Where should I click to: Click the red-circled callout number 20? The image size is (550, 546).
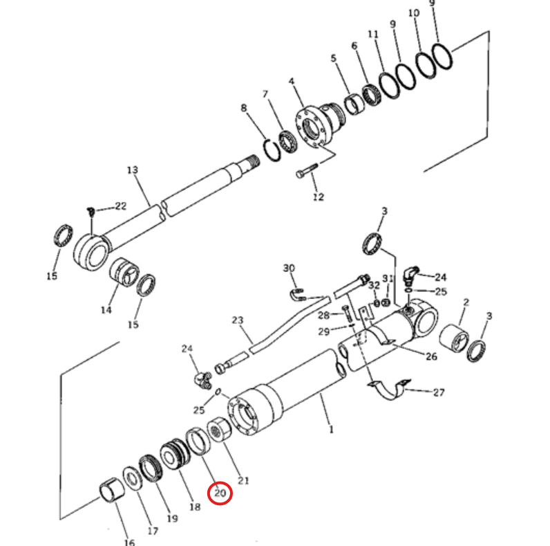point(220,493)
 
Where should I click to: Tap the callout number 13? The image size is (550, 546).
point(132,170)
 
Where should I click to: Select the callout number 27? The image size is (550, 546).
point(439,392)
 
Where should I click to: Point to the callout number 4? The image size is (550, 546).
point(292,81)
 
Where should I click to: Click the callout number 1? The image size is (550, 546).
point(331,429)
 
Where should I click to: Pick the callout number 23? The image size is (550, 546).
point(238,320)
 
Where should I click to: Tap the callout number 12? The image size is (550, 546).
point(318,197)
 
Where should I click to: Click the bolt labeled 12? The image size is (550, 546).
point(307,171)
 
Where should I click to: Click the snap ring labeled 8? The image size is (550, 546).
point(272,150)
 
